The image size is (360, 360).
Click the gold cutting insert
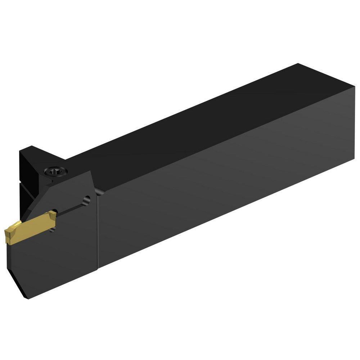[x=31, y=229]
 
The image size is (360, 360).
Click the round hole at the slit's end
[x=85, y=199]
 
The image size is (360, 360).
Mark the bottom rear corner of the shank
[x=354, y=161]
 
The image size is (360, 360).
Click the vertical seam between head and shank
[x=98, y=230]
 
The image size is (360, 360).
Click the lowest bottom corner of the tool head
[x=27, y=298]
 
